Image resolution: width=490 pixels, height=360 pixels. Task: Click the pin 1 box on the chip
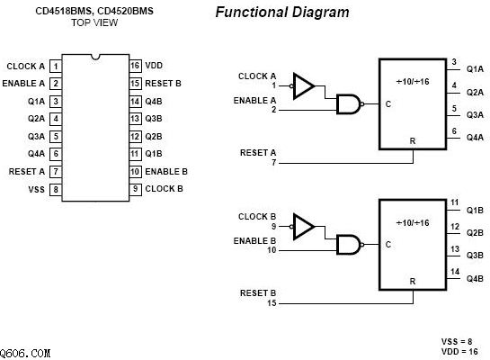[56, 67]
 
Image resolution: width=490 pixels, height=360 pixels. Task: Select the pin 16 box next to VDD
[136, 66]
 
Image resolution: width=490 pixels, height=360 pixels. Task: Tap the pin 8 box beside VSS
[56, 190]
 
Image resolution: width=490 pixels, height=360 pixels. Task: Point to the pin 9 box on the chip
[136, 189]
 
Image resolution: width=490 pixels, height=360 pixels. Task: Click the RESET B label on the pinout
[163, 84]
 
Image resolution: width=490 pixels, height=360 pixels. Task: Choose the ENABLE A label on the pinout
[23, 84]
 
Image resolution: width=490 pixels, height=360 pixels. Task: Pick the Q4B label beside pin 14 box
[154, 102]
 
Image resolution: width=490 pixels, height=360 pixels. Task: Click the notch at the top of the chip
[95, 57]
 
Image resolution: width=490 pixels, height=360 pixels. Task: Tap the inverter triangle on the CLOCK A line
[303, 86]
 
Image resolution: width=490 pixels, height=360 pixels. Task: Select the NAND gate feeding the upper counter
[349, 104]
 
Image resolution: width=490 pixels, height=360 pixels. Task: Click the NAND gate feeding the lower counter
[349, 245]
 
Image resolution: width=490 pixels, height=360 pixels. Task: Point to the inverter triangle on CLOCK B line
[303, 227]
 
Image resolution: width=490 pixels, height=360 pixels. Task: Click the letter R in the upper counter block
[413, 141]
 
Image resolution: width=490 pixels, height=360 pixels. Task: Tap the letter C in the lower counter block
[388, 245]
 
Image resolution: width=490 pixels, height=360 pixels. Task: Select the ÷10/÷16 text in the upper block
[413, 82]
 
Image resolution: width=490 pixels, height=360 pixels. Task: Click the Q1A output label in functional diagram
[475, 68]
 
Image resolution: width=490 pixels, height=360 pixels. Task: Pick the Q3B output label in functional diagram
[475, 256]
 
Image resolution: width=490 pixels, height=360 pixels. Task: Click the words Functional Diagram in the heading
[282, 13]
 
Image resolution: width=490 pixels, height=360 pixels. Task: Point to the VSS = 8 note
[457, 341]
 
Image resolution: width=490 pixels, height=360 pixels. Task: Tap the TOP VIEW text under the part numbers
[94, 22]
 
